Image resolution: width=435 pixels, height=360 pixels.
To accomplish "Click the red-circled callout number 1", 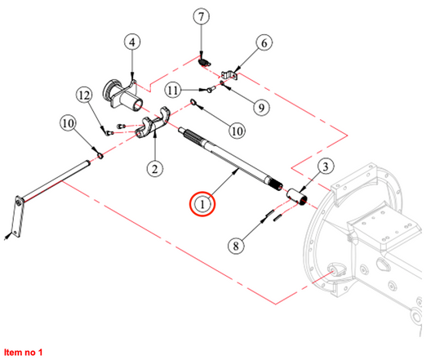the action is click(202, 204).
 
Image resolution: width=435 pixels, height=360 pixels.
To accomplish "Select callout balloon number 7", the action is click(201, 16).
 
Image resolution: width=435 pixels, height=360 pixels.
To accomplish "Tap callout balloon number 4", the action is click(132, 42).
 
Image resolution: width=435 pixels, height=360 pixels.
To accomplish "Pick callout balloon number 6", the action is click(264, 43).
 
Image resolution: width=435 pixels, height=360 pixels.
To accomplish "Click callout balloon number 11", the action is click(173, 91).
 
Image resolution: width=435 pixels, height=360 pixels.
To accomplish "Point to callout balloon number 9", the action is click(261, 107).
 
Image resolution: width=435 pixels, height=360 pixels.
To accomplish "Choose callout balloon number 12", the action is click(85, 96).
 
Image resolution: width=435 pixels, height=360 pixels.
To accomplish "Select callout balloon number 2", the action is click(155, 168).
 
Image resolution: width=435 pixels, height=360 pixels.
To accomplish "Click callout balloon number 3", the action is click(325, 167).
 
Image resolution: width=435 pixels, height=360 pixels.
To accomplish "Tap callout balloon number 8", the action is click(236, 246).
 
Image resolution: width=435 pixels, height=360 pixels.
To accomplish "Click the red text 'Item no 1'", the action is click(24, 352).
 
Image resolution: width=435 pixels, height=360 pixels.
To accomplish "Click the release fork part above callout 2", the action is click(153, 123).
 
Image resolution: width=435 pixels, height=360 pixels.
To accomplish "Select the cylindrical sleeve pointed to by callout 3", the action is click(297, 197).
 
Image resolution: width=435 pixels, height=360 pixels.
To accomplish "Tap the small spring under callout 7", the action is click(205, 62).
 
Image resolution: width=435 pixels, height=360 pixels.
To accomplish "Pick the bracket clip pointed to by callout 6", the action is click(229, 75).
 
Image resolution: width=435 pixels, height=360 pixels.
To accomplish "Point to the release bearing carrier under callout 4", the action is click(122, 95).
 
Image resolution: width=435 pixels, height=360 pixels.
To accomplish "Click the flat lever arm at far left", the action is click(17, 217).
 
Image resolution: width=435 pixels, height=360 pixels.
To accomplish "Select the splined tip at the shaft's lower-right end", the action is click(276, 184).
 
